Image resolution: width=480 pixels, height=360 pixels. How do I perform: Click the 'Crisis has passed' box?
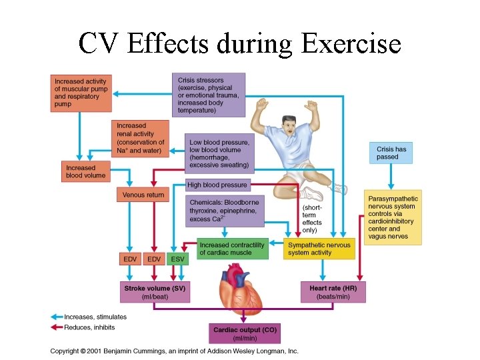tap(391, 153)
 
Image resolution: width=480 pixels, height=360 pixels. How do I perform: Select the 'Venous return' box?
tap(143, 195)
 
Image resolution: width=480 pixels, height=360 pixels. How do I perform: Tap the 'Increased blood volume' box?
tap(85, 171)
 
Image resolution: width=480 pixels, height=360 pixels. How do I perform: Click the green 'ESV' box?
tap(177, 259)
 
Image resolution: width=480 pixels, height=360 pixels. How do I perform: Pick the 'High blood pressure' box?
tap(217, 185)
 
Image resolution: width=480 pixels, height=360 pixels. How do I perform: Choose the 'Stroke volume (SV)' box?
tap(154, 292)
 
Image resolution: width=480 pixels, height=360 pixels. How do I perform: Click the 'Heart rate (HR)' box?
tap(333, 292)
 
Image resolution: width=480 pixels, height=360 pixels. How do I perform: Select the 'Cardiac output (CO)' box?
tap(245, 333)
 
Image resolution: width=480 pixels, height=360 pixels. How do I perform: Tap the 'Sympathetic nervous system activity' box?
tap(319, 249)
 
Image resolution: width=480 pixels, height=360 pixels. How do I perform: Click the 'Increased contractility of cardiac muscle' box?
tap(232, 249)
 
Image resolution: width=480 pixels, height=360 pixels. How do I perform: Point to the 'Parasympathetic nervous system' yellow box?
tap(393, 217)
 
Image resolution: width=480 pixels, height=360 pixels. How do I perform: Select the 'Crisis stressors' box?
tap(208, 95)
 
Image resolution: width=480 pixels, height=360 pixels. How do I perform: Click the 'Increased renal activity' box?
tap(140, 138)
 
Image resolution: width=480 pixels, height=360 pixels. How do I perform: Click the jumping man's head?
tap(289, 125)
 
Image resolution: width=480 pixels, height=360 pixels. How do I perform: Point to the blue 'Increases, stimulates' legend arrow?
tap(56, 317)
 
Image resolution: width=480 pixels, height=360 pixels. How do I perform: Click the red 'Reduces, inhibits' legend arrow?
tap(56, 327)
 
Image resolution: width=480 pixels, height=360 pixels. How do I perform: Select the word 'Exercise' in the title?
tap(351, 44)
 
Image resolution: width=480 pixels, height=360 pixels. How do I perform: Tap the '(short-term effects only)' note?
tap(311, 219)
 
